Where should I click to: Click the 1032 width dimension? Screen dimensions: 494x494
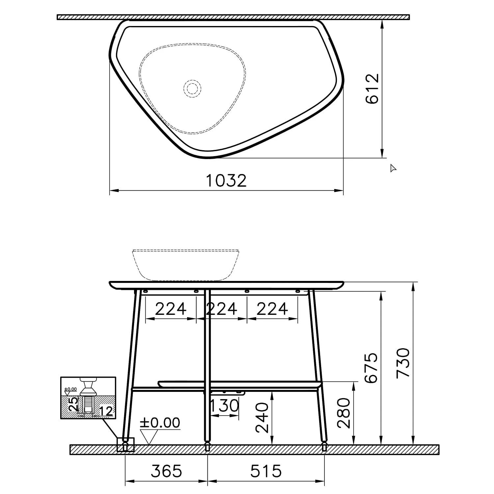[x=226, y=181]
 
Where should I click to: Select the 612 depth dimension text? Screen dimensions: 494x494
[x=372, y=89]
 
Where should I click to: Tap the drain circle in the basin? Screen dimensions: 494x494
[x=192, y=88]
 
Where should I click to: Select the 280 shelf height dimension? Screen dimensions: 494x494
[x=344, y=413]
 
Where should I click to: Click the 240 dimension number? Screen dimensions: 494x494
[x=262, y=417]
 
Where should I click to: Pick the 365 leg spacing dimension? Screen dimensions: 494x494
[x=166, y=471]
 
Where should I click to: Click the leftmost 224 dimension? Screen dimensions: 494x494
[x=171, y=309]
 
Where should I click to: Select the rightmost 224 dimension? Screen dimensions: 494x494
[x=272, y=309]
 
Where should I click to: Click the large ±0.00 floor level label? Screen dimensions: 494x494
[x=160, y=423]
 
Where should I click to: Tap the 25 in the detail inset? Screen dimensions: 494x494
[x=73, y=404]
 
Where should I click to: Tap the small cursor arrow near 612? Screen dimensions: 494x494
[x=393, y=168]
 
